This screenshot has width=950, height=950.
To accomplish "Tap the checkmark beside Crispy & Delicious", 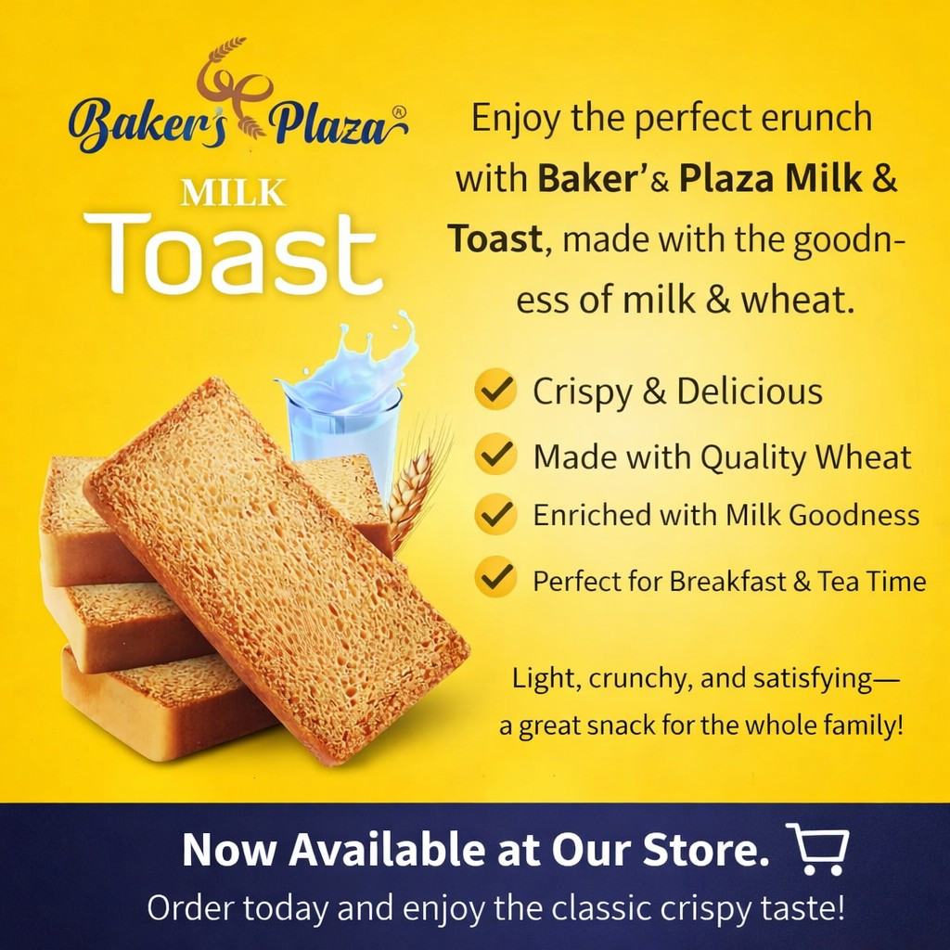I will coord(495,391).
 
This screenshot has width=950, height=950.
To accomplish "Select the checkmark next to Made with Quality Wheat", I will coord(495,456).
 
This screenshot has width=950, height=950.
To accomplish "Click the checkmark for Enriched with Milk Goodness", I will coord(495,514).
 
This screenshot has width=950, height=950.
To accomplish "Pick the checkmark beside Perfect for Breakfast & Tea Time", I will coord(495,578).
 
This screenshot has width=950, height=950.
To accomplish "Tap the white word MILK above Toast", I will coord(233,193).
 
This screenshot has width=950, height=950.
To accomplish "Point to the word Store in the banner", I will coord(711,850).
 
